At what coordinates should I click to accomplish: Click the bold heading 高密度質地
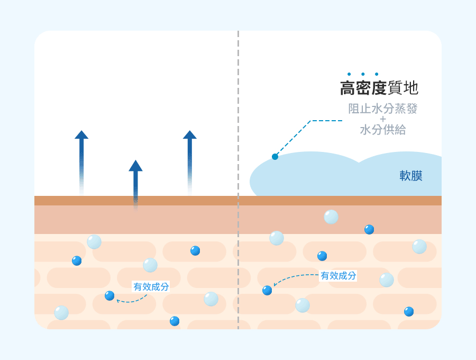pyautogui.click(x=379, y=88)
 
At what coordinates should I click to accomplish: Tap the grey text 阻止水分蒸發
pyautogui.click(x=383, y=109)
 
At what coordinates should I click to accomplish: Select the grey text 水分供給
pyautogui.click(x=383, y=130)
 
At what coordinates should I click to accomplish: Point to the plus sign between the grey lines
pyautogui.click(x=383, y=119)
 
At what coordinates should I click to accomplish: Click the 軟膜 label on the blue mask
pyautogui.click(x=411, y=176)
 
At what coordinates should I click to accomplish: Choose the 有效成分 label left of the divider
pyautogui.click(x=151, y=287)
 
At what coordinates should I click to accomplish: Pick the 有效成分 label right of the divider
pyautogui.click(x=338, y=275)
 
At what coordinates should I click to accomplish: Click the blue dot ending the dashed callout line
pyautogui.click(x=275, y=157)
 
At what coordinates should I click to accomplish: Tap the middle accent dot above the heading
pyautogui.click(x=363, y=74)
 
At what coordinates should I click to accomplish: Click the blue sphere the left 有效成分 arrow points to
pyautogui.click(x=109, y=295)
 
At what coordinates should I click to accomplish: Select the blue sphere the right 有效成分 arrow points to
pyautogui.click(x=267, y=290)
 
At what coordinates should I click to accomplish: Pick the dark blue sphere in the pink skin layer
pyautogui.click(x=369, y=229)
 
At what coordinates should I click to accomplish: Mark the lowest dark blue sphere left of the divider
pyautogui.click(x=175, y=321)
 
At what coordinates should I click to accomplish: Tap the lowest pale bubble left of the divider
pyautogui.click(x=61, y=312)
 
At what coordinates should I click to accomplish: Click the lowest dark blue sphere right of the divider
pyautogui.click(x=409, y=311)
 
